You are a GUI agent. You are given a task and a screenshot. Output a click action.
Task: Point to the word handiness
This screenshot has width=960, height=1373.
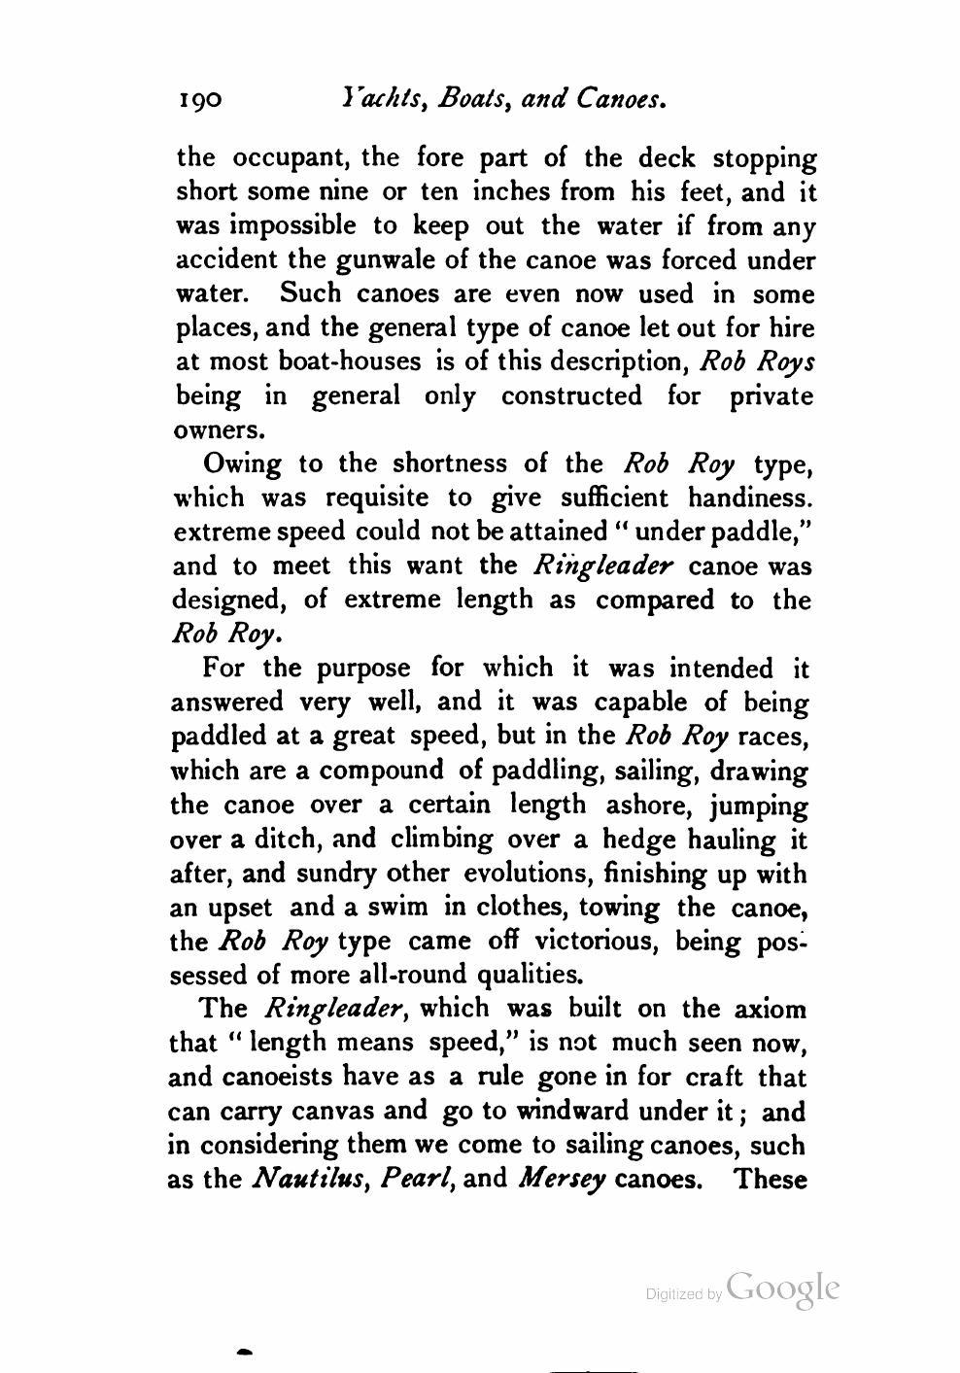(749, 498)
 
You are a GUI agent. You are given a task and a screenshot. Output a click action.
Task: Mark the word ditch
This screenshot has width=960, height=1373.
(288, 839)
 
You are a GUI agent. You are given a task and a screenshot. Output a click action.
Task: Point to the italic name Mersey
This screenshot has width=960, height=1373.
(564, 1180)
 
